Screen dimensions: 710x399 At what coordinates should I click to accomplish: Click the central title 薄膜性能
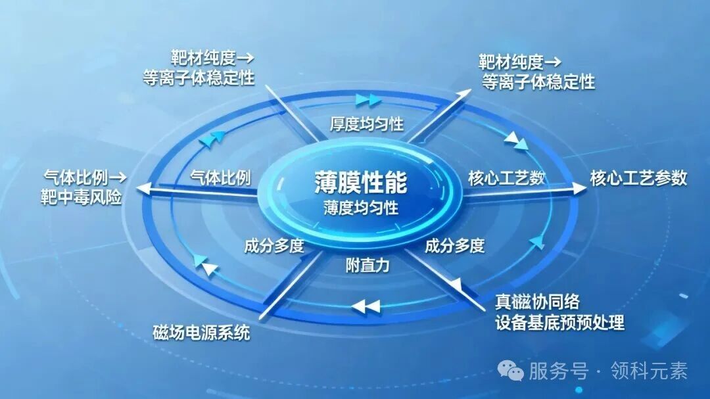pyautogui.click(x=361, y=182)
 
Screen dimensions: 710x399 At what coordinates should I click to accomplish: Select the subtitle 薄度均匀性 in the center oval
pyautogui.click(x=361, y=208)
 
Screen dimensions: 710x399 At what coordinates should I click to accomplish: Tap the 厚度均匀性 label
pyautogui.click(x=366, y=124)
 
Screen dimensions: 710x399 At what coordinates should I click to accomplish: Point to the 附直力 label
pyautogui.click(x=367, y=266)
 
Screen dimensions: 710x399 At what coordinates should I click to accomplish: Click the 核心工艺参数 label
pyautogui.click(x=638, y=178)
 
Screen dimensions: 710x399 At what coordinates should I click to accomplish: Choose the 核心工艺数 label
pyautogui.click(x=506, y=178)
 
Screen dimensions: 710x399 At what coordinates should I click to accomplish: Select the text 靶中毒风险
pyautogui.click(x=81, y=198)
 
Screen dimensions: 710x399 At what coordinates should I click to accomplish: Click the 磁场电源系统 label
pyautogui.click(x=202, y=333)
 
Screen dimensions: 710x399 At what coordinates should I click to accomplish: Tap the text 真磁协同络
pyautogui.click(x=537, y=302)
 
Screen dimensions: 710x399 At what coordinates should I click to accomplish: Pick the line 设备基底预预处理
pyautogui.click(x=559, y=323)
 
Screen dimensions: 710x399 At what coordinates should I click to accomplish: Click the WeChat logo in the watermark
pyautogui.click(x=510, y=370)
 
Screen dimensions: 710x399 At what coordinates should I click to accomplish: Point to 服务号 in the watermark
pyautogui.click(x=558, y=371)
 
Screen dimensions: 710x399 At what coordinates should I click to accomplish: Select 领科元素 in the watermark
pyautogui.click(x=649, y=371)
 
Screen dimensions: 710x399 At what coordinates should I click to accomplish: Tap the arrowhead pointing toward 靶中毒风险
pyautogui.click(x=144, y=189)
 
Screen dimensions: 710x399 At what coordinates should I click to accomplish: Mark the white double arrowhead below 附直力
pyautogui.click(x=366, y=306)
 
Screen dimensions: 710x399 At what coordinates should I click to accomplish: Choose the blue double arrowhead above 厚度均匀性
pyautogui.click(x=367, y=100)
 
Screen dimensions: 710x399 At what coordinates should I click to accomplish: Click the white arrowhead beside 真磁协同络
pyautogui.click(x=455, y=285)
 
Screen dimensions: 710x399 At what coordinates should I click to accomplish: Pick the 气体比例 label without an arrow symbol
pyautogui.click(x=220, y=177)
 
